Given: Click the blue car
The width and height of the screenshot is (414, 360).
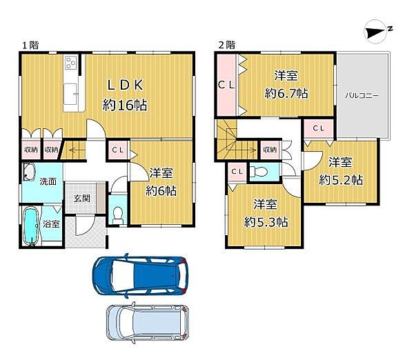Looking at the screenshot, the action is (x=141, y=276).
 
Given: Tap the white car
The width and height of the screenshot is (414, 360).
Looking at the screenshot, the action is (x=148, y=323).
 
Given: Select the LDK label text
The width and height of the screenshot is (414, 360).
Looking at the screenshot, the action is (x=125, y=85).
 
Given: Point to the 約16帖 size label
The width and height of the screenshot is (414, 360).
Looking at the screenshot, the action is (x=125, y=105).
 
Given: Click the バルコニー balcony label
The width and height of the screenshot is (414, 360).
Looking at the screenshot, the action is (x=362, y=96).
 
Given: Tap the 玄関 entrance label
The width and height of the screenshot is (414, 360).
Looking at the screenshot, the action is (x=81, y=199).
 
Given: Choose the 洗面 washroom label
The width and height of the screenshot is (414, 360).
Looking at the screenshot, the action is (x=48, y=181).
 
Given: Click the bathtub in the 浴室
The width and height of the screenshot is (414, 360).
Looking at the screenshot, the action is (x=31, y=226).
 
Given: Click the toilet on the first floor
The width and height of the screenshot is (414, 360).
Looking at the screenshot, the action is (x=117, y=215).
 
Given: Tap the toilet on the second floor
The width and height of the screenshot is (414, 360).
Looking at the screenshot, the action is (x=259, y=172).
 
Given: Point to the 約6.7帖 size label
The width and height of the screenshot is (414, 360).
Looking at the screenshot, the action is (x=286, y=93).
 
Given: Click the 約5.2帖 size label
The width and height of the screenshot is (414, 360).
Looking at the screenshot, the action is (x=341, y=180).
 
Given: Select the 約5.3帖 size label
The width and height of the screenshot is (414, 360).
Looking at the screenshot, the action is (x=266, y=222).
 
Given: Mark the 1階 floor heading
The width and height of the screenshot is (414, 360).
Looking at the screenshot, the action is (x=30, y=46).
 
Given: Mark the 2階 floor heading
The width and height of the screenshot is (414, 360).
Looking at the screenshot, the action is (x=227, y=45).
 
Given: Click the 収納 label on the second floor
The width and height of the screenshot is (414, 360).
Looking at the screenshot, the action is (x=270, y=150).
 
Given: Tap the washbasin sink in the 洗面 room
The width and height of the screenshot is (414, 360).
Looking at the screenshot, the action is (x=29, y=172).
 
